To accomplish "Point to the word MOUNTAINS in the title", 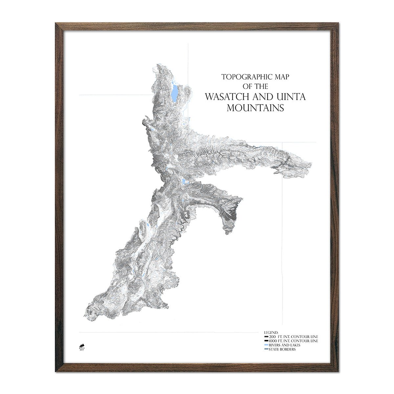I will pyautogui.click(x=255, y=108).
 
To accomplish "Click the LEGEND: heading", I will pyautogui.click(x=271, y=333).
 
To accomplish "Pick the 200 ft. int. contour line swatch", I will pyautogui.click(x=266, y=337).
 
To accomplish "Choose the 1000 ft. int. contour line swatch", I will pyautogui.click(x=266, y=341).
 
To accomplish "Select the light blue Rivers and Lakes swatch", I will pyautogui.click(x=266, y=345).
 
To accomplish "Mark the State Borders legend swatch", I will pyautogui.click(x=266, y=349).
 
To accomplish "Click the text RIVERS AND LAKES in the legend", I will pyautogui.click(x=284, y=345).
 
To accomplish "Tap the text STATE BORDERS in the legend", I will pyautogui.click(x=282, y=349).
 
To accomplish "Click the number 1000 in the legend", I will pyautogui.click(x=273, y=341).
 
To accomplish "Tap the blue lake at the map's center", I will pyautogui.click(x=183, y=182).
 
